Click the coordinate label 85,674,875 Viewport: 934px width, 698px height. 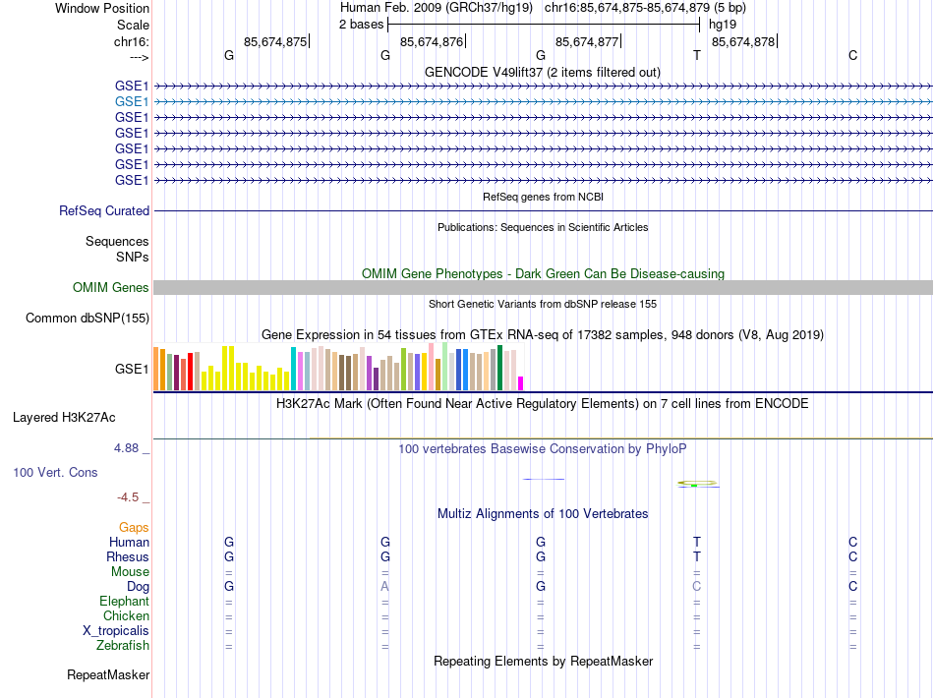(275, 41)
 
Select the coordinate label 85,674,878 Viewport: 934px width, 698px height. (743, 41)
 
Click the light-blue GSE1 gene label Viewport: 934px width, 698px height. (132, 101)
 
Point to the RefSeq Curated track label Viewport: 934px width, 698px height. (104, 210)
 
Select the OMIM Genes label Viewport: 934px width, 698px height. (111, 287)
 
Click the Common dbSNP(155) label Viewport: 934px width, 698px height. (88, 318)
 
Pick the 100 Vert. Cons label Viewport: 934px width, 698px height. (55, 472)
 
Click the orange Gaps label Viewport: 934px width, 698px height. (134, 528)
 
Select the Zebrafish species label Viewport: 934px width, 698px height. (123, 646)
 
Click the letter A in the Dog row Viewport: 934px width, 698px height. (385, 587)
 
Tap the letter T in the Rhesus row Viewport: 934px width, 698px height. (697, 557)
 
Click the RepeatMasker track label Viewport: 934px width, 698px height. (108, 675)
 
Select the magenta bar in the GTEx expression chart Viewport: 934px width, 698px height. (521, 383)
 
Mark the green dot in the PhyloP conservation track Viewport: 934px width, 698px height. (693, 485)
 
